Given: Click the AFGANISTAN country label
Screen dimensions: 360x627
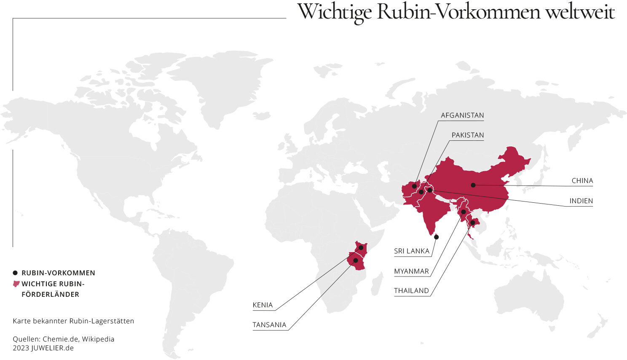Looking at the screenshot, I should pos(462,116).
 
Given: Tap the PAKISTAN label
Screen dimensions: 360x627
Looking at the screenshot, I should pos(467,135).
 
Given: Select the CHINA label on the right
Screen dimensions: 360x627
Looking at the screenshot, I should pos(582,181).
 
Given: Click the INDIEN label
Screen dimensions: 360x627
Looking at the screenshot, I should pos(581,201).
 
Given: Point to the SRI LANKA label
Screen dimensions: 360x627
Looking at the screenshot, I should pos(411,251).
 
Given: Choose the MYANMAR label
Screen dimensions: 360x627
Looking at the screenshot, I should pos(411,271).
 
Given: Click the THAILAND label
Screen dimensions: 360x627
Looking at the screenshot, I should pos(411,291).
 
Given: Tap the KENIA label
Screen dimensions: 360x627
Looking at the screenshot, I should pos(263,305).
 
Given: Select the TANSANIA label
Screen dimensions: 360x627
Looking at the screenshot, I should pos(269,325).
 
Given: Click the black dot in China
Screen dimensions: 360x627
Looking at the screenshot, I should pos(473,185).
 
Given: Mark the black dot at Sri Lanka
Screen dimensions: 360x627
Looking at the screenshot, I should pos(436,237).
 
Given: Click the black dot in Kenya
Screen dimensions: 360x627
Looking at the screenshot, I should pos(361,247).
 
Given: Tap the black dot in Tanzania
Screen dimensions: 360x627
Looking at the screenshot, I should pos(355,261).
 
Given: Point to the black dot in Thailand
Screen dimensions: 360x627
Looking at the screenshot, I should pos(472,223).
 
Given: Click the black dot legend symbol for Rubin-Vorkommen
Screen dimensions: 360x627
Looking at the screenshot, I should pos(15,273).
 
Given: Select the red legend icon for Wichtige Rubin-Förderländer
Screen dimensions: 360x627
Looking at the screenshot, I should pos(16,284).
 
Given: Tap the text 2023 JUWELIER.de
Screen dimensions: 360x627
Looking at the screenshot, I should pos(43,348).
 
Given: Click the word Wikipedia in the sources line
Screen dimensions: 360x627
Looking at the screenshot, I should pos(98,339).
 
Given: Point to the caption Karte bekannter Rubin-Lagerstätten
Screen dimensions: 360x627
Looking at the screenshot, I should pos(73,321).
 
